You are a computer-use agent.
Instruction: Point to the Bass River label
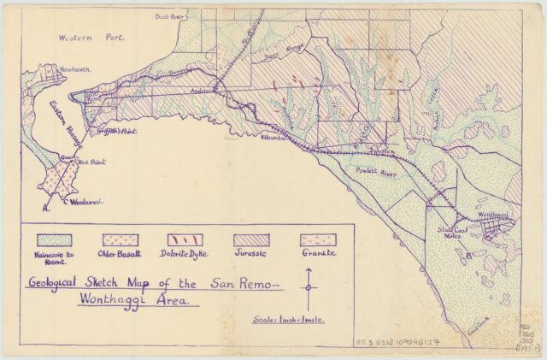coord(170,16)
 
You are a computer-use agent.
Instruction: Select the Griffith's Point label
coord(120,130)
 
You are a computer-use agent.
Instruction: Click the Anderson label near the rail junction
coord(203,89)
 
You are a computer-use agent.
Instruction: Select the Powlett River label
coord(373,171)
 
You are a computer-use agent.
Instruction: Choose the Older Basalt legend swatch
coord(121,240)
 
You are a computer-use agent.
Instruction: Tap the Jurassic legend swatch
coord(251,240)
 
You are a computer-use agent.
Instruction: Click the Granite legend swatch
coord(317,240)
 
